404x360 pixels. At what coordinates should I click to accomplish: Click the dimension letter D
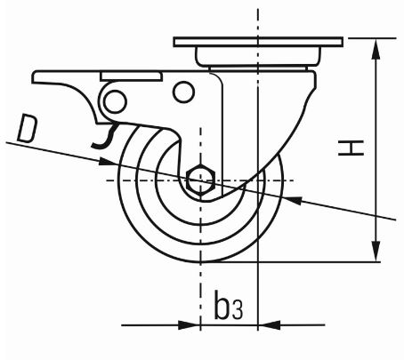28,132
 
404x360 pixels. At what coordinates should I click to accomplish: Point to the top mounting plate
257,43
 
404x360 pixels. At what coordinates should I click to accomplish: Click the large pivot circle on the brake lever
115,100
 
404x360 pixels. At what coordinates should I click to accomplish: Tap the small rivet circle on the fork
183,92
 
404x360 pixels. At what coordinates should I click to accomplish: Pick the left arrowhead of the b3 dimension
192,324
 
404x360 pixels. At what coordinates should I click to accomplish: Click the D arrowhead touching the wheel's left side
112,161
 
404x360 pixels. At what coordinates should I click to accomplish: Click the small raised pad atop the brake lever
131,76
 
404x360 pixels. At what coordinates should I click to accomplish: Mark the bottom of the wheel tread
203,260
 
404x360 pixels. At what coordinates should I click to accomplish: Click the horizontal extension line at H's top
369,38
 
